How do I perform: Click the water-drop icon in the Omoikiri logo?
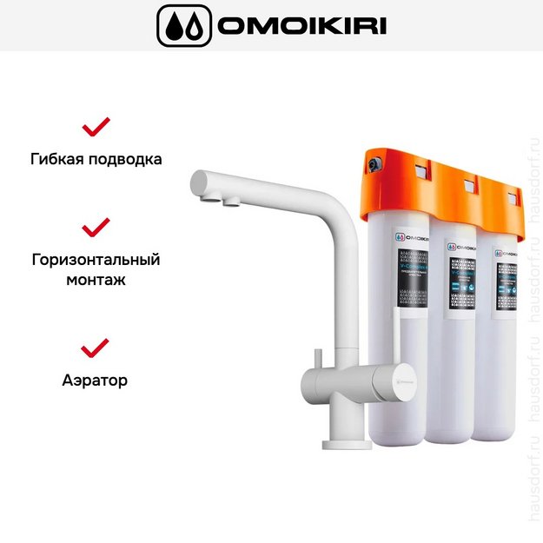point(183,26)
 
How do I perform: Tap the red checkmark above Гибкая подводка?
point(96,127)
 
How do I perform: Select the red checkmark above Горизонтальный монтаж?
point(96,227)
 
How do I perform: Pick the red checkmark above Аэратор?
point(96,348)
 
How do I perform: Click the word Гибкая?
point(59,160)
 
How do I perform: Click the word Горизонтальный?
point(96,260)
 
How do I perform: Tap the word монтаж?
point(96,281)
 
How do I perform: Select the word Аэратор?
point(96,380)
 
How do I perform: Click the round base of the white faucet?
point(347,444)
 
